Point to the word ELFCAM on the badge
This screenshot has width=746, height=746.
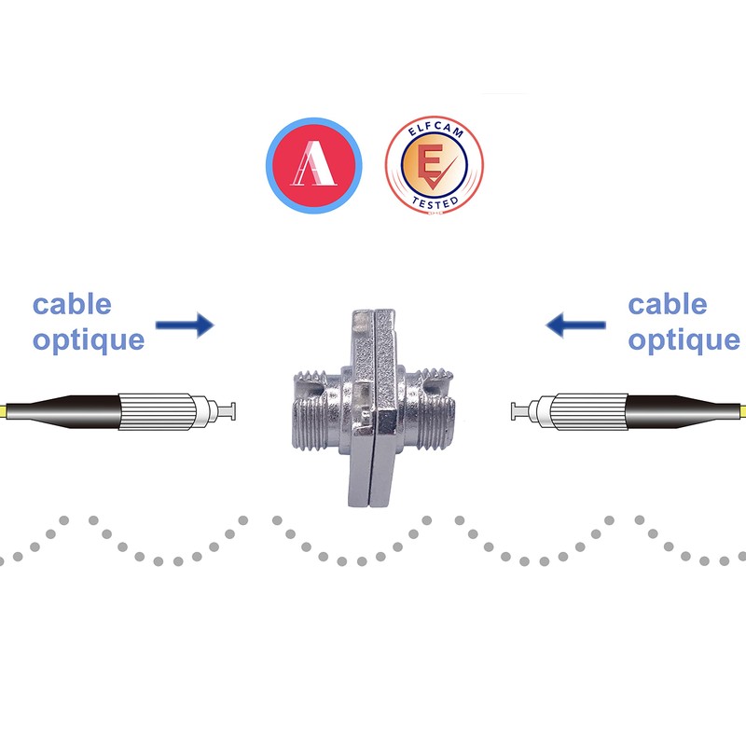435,133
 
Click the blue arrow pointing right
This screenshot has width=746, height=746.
185,325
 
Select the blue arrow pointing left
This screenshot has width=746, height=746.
576,325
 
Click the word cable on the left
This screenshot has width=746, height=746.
72,304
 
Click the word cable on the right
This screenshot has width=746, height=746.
667,304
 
